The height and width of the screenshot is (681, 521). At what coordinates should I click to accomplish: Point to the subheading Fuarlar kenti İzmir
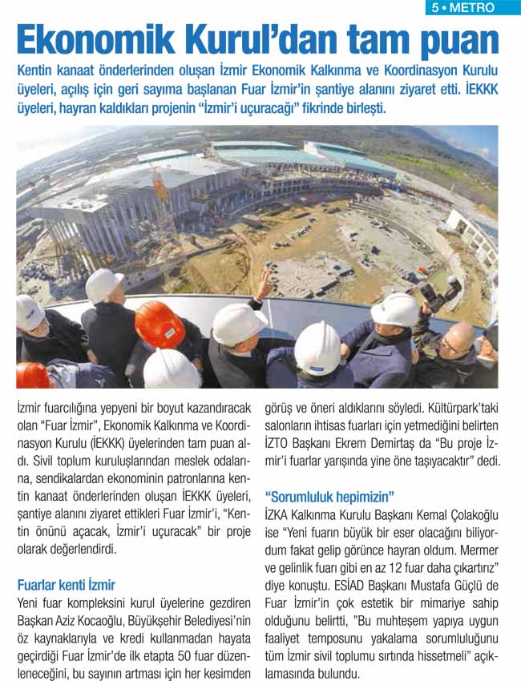tap(66, 584)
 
